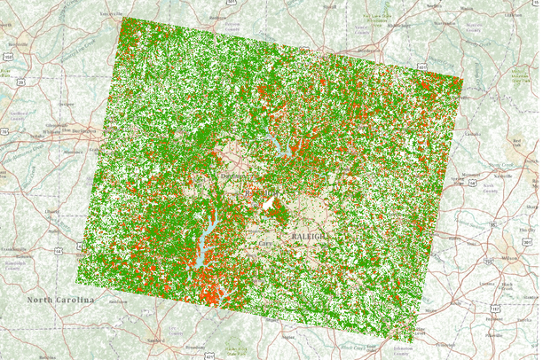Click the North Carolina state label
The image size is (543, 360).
point(60,301)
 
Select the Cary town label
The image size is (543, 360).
point(265,241)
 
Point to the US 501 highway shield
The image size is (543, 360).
point(232,4)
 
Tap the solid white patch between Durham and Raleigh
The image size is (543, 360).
point(269,207)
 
